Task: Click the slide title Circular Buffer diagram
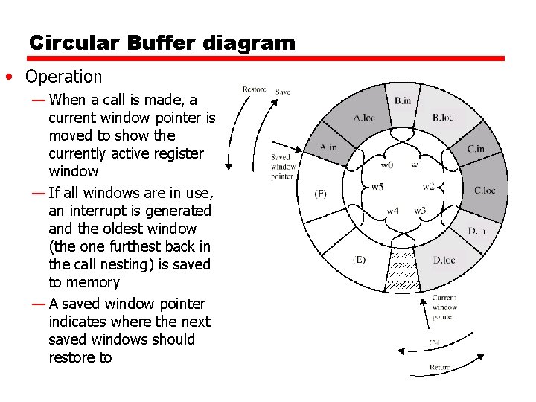(162, 42)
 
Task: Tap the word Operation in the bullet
(63, 77)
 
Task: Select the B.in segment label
(403, 100)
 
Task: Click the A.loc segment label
(364, 117)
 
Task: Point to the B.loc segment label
(443, 117)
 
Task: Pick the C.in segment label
(476, 148)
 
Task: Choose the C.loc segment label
(485, 190)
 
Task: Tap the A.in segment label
(328, 147)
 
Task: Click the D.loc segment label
(444, 259)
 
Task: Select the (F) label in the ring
(320, 194)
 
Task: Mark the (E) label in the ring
(359, 259)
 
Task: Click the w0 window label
(388, 165)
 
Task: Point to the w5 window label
(377, 186)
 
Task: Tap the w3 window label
(420, 211)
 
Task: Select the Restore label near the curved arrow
(254, 89)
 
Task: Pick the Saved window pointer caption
(282, 167)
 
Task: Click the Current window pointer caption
(444, 307)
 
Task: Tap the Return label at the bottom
(440, 368)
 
